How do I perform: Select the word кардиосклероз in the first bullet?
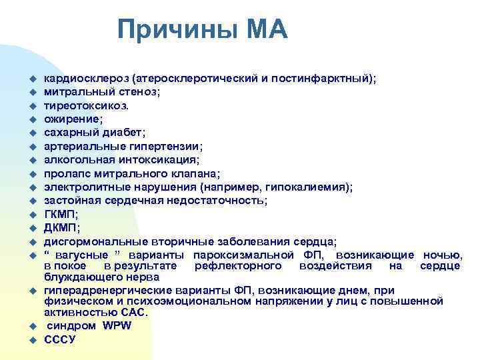click(x=82, y=78)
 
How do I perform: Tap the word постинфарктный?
click(x=327, y=78)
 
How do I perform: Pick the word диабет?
click(x=120, y=133)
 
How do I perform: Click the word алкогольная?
click(x=77, y=160)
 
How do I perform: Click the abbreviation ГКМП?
click(x=59, y=214)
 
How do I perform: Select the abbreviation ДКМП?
click(x=59, y=228)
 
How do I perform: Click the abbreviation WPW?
click(x=117, y=325)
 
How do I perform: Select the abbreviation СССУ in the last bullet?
click(x=60, y=339)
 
